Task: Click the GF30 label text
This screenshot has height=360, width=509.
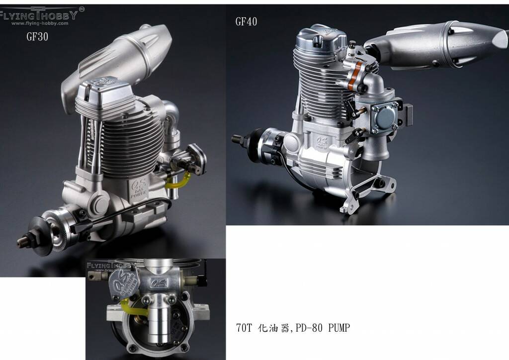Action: [x=37, y=37]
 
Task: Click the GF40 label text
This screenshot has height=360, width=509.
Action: [x=246, y=21]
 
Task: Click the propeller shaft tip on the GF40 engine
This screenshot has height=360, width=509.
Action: [x=237, y=138]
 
